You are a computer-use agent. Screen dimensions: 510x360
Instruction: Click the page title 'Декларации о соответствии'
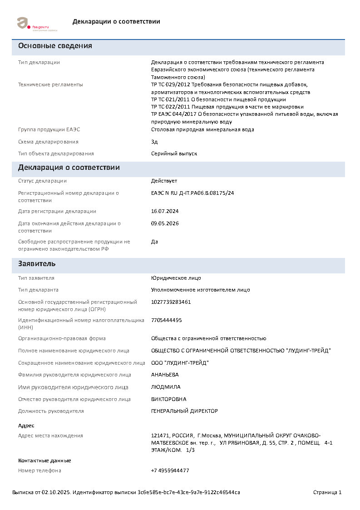click(116, 21)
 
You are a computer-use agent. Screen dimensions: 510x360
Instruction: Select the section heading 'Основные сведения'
click(55, 46)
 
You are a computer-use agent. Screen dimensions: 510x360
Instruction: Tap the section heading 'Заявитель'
click(37, 264)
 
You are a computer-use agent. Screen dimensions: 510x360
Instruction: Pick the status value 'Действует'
click(164, 181)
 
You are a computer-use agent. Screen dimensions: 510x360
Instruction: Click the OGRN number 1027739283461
click(171, 302)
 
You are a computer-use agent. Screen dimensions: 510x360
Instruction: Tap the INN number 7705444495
click(166, 320)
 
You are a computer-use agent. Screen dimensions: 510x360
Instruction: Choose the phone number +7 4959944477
click(170, 470)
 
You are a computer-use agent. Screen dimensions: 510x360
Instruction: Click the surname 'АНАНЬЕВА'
click(165, 375)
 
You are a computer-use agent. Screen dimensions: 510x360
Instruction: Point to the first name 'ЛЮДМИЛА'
click(166, 387)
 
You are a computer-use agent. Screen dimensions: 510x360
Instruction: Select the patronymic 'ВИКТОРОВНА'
click(168, 399)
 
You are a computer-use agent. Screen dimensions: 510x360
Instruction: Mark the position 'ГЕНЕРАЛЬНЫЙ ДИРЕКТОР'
click(184, 411)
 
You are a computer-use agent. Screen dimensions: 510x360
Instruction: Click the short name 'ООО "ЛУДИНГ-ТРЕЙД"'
click(180, 363)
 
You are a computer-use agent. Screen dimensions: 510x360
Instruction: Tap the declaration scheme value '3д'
click(154, 142)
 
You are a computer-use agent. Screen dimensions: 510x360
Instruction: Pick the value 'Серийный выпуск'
click(174, 153)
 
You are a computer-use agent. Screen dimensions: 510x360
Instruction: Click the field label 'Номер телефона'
click(39, 470)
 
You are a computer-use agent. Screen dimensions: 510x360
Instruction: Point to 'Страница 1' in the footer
click(327, 492)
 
